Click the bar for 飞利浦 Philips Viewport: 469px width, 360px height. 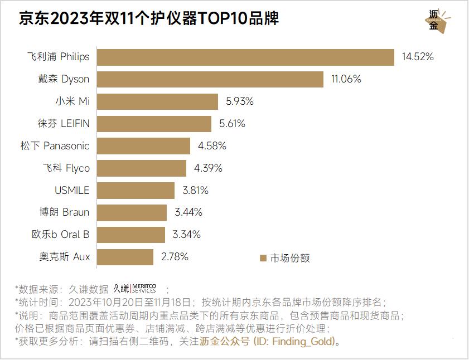pos(245,57)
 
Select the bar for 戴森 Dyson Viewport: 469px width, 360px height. pos(210,79)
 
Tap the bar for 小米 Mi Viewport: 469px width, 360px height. pos(157,101)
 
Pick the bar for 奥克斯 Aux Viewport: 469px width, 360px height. pos(125,257)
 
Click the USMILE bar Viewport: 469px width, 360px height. pos(136,191)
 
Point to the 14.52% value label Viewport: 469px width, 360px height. pos(417,57)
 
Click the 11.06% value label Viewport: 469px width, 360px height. pos(346,79)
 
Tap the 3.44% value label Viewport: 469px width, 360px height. pos(188,212)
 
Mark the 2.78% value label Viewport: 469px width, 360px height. pos(175,257)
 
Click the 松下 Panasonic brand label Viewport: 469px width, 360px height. pos(54,146)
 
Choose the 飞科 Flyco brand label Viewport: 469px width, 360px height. pos(66,168)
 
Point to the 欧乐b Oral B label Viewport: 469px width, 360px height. pos(60,235)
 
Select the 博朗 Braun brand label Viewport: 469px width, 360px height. pos(64,212)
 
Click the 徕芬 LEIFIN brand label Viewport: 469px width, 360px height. pos(64,124)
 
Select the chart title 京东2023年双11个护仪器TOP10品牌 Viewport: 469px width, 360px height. pos(149,20)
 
